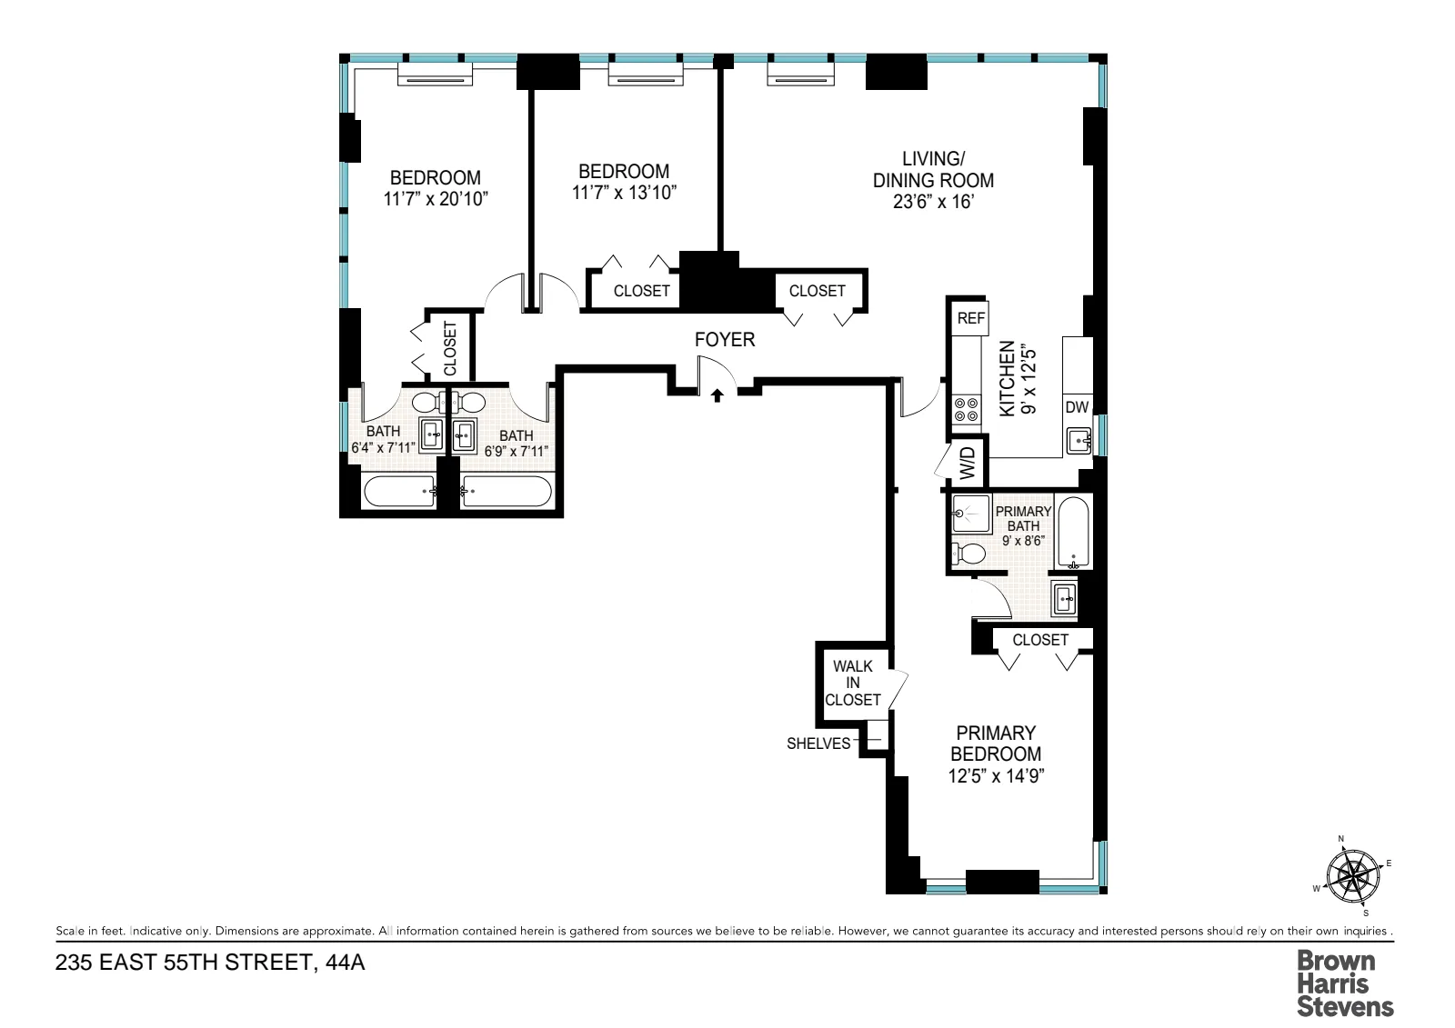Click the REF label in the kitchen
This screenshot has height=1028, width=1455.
pyautogui.click(x=970, y=318)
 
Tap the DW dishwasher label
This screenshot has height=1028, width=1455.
pyautogui.click(x=1077, y=407)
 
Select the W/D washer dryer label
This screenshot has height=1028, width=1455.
pyautogui.click(x=968, y=463)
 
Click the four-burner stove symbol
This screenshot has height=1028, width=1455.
pyautogui.click(x=966, y=410)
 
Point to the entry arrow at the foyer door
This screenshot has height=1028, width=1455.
pyautogui.click(x=717, y=395)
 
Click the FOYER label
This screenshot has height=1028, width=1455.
pyautogui.click(x=725, y=340)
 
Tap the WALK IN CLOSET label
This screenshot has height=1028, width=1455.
pyautogui.click(x=853, y=683)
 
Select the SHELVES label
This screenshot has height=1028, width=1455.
pyautogui.click(x=818, y=744)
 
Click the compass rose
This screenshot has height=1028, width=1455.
pyautogui.click(x=1353, y=876)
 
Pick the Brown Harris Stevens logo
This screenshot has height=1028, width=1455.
pyautogui.click(x=1344, y=983)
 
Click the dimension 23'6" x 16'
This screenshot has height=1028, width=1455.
pyautogui.click(x=933, y=202)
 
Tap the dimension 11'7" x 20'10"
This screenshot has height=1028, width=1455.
pyautogui.click(x=436, y=199)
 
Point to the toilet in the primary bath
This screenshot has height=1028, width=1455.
pyautogui.click(x=969, y=553)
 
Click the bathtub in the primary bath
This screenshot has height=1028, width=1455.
pyautogui.click(x=1074, y=532)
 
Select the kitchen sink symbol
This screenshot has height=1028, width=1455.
pyautogui.click(x=1079, y=442)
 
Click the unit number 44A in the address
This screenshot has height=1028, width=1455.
pyautogui.click(x=345, y=963)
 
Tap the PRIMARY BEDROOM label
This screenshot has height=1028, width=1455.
pyautogui.click(x=996, y=744)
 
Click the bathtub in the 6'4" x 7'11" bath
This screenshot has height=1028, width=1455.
pyautogui.click(x=400, y=492)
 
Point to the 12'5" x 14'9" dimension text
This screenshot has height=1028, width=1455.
pyautogui.click(x=996, y=776)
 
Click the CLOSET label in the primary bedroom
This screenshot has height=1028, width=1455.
pyautogui.click(x=1040, y=640)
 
